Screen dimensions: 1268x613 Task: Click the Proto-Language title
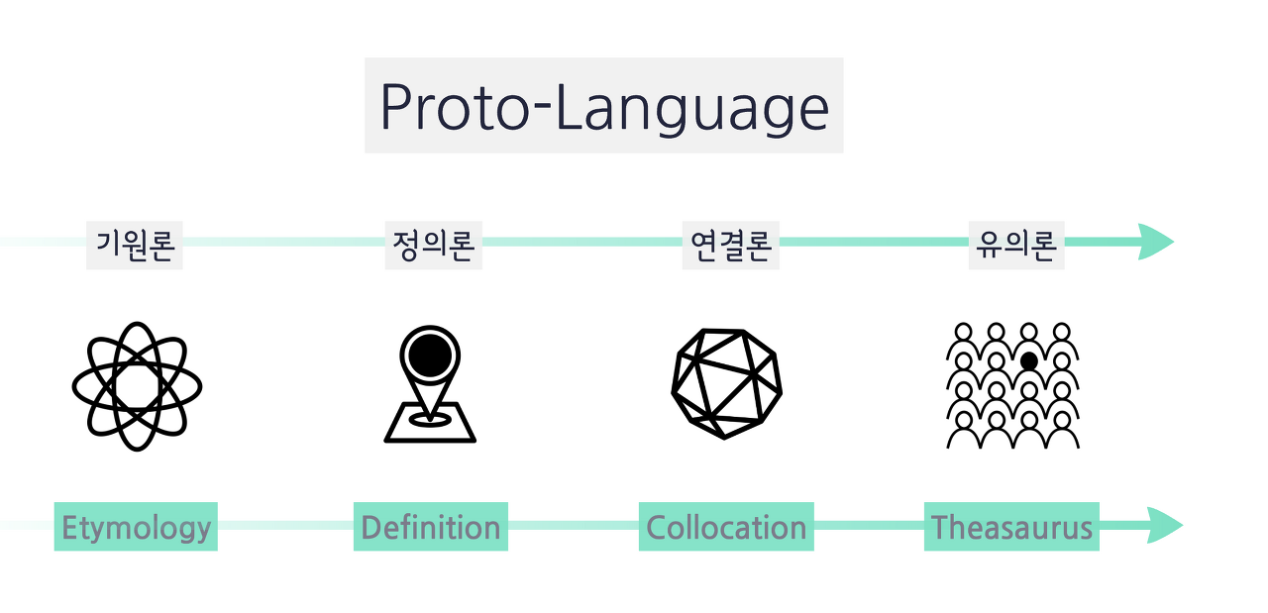click(x=604, y=106)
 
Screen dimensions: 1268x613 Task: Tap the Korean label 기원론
click(x=135, y=245)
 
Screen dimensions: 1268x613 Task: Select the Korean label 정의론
click(x=434, y=245)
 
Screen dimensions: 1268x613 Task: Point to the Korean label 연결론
click(x=731, y=245)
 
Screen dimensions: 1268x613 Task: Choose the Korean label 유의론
click(x=1016, y=245)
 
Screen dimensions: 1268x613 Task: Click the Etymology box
click(x=136, y=527)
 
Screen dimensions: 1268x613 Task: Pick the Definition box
click(x=431, y=527)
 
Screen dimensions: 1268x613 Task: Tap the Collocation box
click(x=726, y=527)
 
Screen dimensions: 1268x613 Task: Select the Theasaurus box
click(x=1012, y=527)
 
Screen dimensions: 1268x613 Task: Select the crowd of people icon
click(x=1013, y=386)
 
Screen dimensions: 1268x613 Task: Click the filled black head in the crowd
click(x=1029, y=361)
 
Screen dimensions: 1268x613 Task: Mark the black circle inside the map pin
click(x=430, y=357)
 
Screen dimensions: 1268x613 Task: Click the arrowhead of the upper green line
click(x=1156, y=242)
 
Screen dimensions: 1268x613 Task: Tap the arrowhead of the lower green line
click(x=1165, y=525)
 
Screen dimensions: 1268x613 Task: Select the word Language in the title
click(x=693, y=109)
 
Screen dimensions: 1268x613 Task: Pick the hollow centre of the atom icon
click(x=137, y=386)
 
